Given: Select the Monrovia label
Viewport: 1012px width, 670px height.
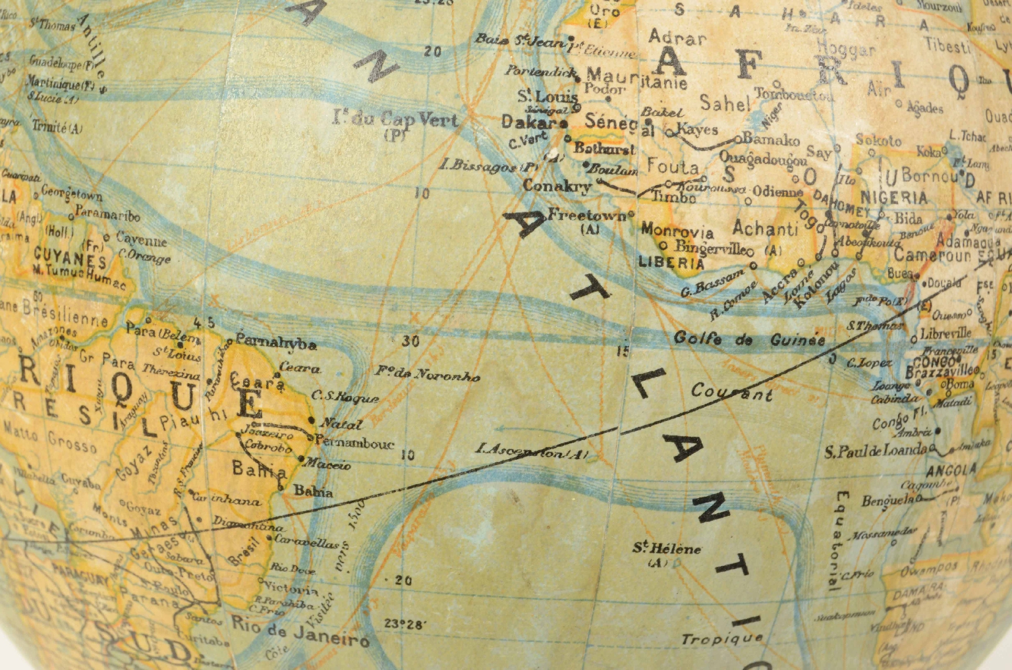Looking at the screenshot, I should pyautogui.click(x=677, y=231).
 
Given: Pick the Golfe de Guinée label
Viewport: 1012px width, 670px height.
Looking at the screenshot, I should pyautogui.click(x=748, y=339).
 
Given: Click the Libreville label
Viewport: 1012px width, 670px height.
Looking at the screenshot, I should pyautogui.click(x=945, y=333).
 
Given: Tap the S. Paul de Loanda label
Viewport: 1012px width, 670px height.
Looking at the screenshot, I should pyautogui.click(x=876, y=452).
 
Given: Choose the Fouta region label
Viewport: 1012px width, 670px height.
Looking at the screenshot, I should pyautogui.click(x=673, y=165).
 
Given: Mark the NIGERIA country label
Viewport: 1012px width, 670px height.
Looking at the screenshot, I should pyautogui.click(x=894, y=196).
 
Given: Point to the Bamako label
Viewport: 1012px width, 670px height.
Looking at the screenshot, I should pyautogui.click(x=771, y=139).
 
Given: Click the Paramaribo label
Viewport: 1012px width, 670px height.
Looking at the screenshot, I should pyautogui.click(x=107, y=214).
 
